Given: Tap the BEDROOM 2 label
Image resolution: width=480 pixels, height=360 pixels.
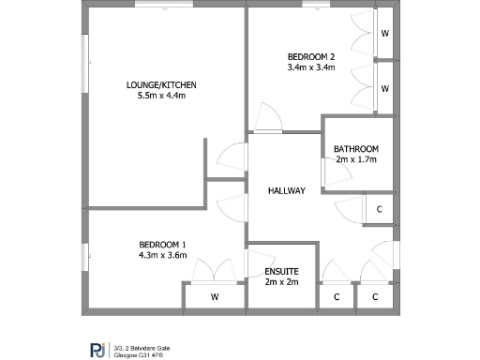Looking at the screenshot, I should click(311, 56).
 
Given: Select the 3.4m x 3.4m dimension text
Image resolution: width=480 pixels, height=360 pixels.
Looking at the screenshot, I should click(311, 67).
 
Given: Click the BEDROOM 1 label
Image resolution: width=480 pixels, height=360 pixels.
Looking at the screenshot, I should click(162, 244).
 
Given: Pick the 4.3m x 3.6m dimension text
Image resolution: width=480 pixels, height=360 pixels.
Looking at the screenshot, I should click(162, 255).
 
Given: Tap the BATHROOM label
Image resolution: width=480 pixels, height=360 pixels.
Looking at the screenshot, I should click(356, 149).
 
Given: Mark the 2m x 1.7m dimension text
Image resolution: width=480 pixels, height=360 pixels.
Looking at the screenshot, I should click(356, 160).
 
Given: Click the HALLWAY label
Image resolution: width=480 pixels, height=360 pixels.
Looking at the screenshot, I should click(287, 191).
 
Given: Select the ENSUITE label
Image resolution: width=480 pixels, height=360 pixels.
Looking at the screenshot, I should click(282, 272).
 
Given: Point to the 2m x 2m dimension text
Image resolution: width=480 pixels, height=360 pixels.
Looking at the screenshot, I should click(282, 282).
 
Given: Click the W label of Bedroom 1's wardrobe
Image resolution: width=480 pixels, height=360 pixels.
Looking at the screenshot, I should click(215, 297).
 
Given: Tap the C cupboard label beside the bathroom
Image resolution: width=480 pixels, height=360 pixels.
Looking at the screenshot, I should click(379, 210).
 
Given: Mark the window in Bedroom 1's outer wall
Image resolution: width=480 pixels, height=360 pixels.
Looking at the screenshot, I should click(84, 255).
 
